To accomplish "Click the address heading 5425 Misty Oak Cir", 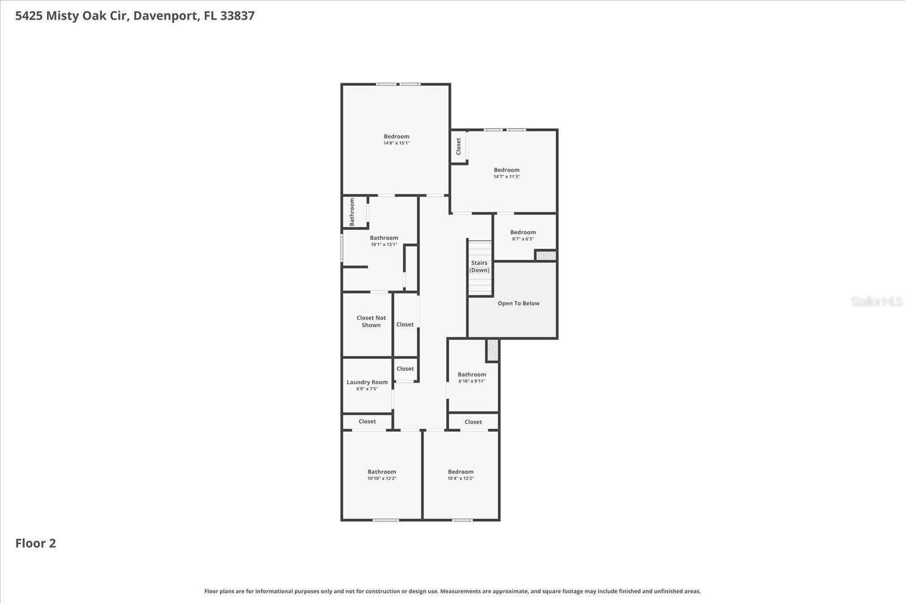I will [135, 16].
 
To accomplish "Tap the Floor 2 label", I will [36, 543].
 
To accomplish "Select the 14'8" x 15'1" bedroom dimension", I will [397, 144].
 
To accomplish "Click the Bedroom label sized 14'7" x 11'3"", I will [506, 170].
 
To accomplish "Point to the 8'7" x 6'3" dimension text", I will [523, 239].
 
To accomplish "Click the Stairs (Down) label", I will [479, 266].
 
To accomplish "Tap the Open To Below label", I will [518, 303].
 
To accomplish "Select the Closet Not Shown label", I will [371, 322].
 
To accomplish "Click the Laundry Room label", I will [367, 382].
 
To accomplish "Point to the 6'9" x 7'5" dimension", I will [367, 389].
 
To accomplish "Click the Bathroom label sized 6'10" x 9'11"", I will [472, 374].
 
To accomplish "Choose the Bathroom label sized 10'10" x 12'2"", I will [382, 471].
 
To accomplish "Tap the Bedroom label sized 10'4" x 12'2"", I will [460, 471].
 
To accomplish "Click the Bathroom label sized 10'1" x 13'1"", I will [384, 238].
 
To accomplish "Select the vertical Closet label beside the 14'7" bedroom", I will [459, 146].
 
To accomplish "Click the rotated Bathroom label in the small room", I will [352, 212].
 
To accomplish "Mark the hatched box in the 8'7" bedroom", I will [546, 256].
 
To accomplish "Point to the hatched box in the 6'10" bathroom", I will [493, 350].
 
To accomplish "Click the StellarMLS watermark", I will [876, 302].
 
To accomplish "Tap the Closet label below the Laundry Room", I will [367, 422].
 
